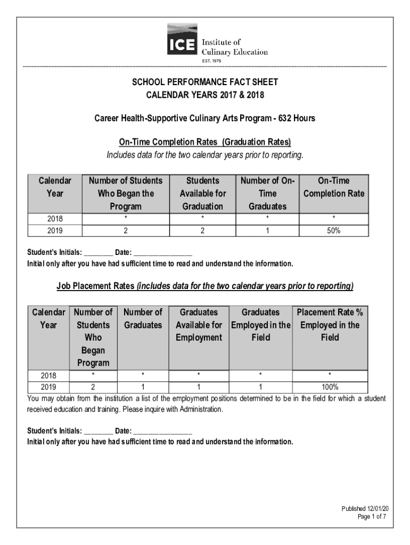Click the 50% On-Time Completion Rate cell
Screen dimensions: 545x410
(x=334, y=230)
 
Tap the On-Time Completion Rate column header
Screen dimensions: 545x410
(x=334, y=187)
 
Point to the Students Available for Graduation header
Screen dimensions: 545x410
(x=202, y=193)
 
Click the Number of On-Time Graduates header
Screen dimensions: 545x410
(x=268, y=193)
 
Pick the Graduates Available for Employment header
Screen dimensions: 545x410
(x=199, y=325)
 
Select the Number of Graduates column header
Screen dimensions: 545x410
(x=143, y=318)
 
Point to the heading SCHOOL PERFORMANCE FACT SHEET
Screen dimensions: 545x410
(x=205, y=82)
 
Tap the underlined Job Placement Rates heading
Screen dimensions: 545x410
(x=96, y=286)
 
